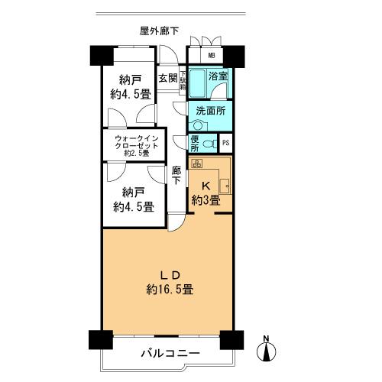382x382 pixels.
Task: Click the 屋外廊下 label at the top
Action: (160, 31)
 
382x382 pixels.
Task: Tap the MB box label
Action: (211, 57)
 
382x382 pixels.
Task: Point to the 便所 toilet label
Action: (195, 143)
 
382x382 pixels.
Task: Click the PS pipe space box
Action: (225, 143)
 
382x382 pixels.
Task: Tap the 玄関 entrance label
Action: (168, 78)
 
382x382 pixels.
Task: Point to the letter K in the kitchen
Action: (205, 186)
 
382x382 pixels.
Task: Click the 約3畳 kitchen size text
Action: (205, 200)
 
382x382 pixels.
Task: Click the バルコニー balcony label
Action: (170, 354)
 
